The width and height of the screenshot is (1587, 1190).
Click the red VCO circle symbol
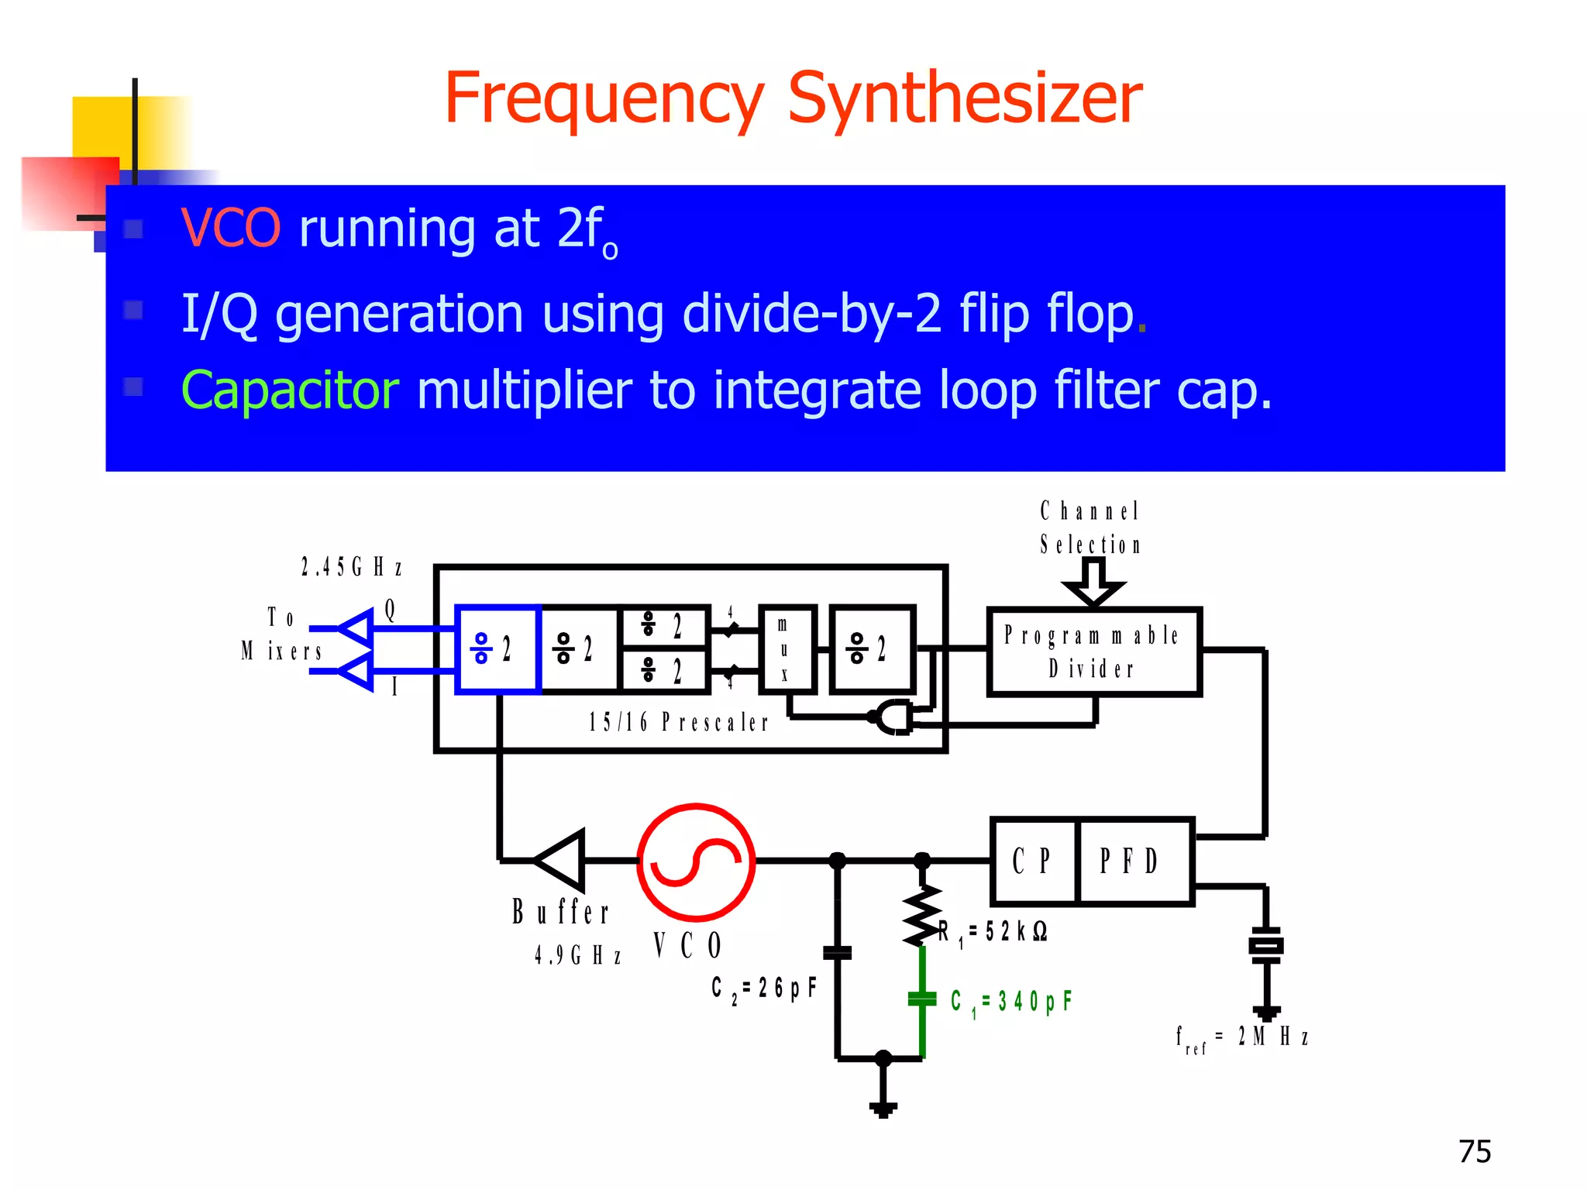click(696, 862)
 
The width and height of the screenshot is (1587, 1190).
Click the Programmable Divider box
click(1093, 652)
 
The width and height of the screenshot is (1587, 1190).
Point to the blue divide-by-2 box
click(497, 649)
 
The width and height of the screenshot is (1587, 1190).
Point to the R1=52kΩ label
click(993, 932)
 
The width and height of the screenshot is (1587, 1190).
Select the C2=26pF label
click(764, 989)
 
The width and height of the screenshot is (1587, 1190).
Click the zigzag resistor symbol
click(922, 916)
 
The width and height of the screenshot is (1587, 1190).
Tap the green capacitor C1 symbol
click(922, 999)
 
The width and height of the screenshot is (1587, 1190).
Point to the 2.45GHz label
click(352, 568)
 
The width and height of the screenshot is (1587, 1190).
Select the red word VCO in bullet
click(230, 229)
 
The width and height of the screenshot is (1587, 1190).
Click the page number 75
click(1474, 1152)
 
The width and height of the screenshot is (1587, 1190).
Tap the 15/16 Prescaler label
click(678, 723)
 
